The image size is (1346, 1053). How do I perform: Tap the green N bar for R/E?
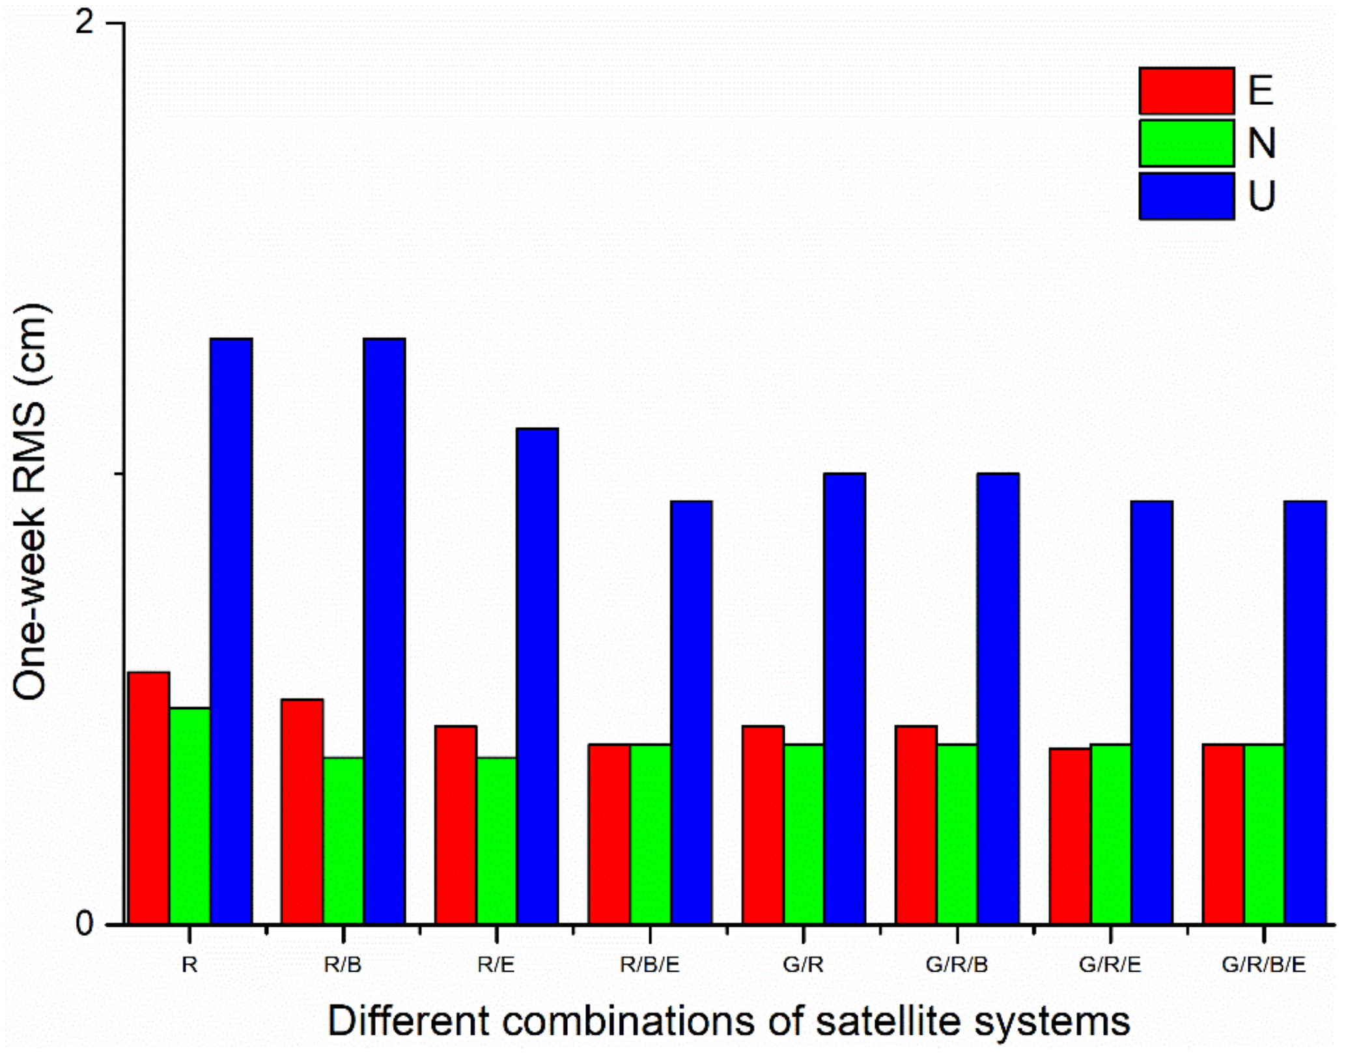497,840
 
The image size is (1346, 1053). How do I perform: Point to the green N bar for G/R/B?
957,834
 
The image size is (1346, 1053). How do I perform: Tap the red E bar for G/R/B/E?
1224,834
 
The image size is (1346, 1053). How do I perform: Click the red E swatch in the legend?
1186,91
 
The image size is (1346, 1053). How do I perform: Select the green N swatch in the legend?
1186,143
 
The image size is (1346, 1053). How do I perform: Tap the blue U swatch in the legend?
1186,196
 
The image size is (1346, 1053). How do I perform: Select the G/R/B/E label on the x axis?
1263,964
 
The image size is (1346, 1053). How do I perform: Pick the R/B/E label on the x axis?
650,964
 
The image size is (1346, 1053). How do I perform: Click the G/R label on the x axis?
804,964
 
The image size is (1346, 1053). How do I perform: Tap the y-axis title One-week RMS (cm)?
31,501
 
